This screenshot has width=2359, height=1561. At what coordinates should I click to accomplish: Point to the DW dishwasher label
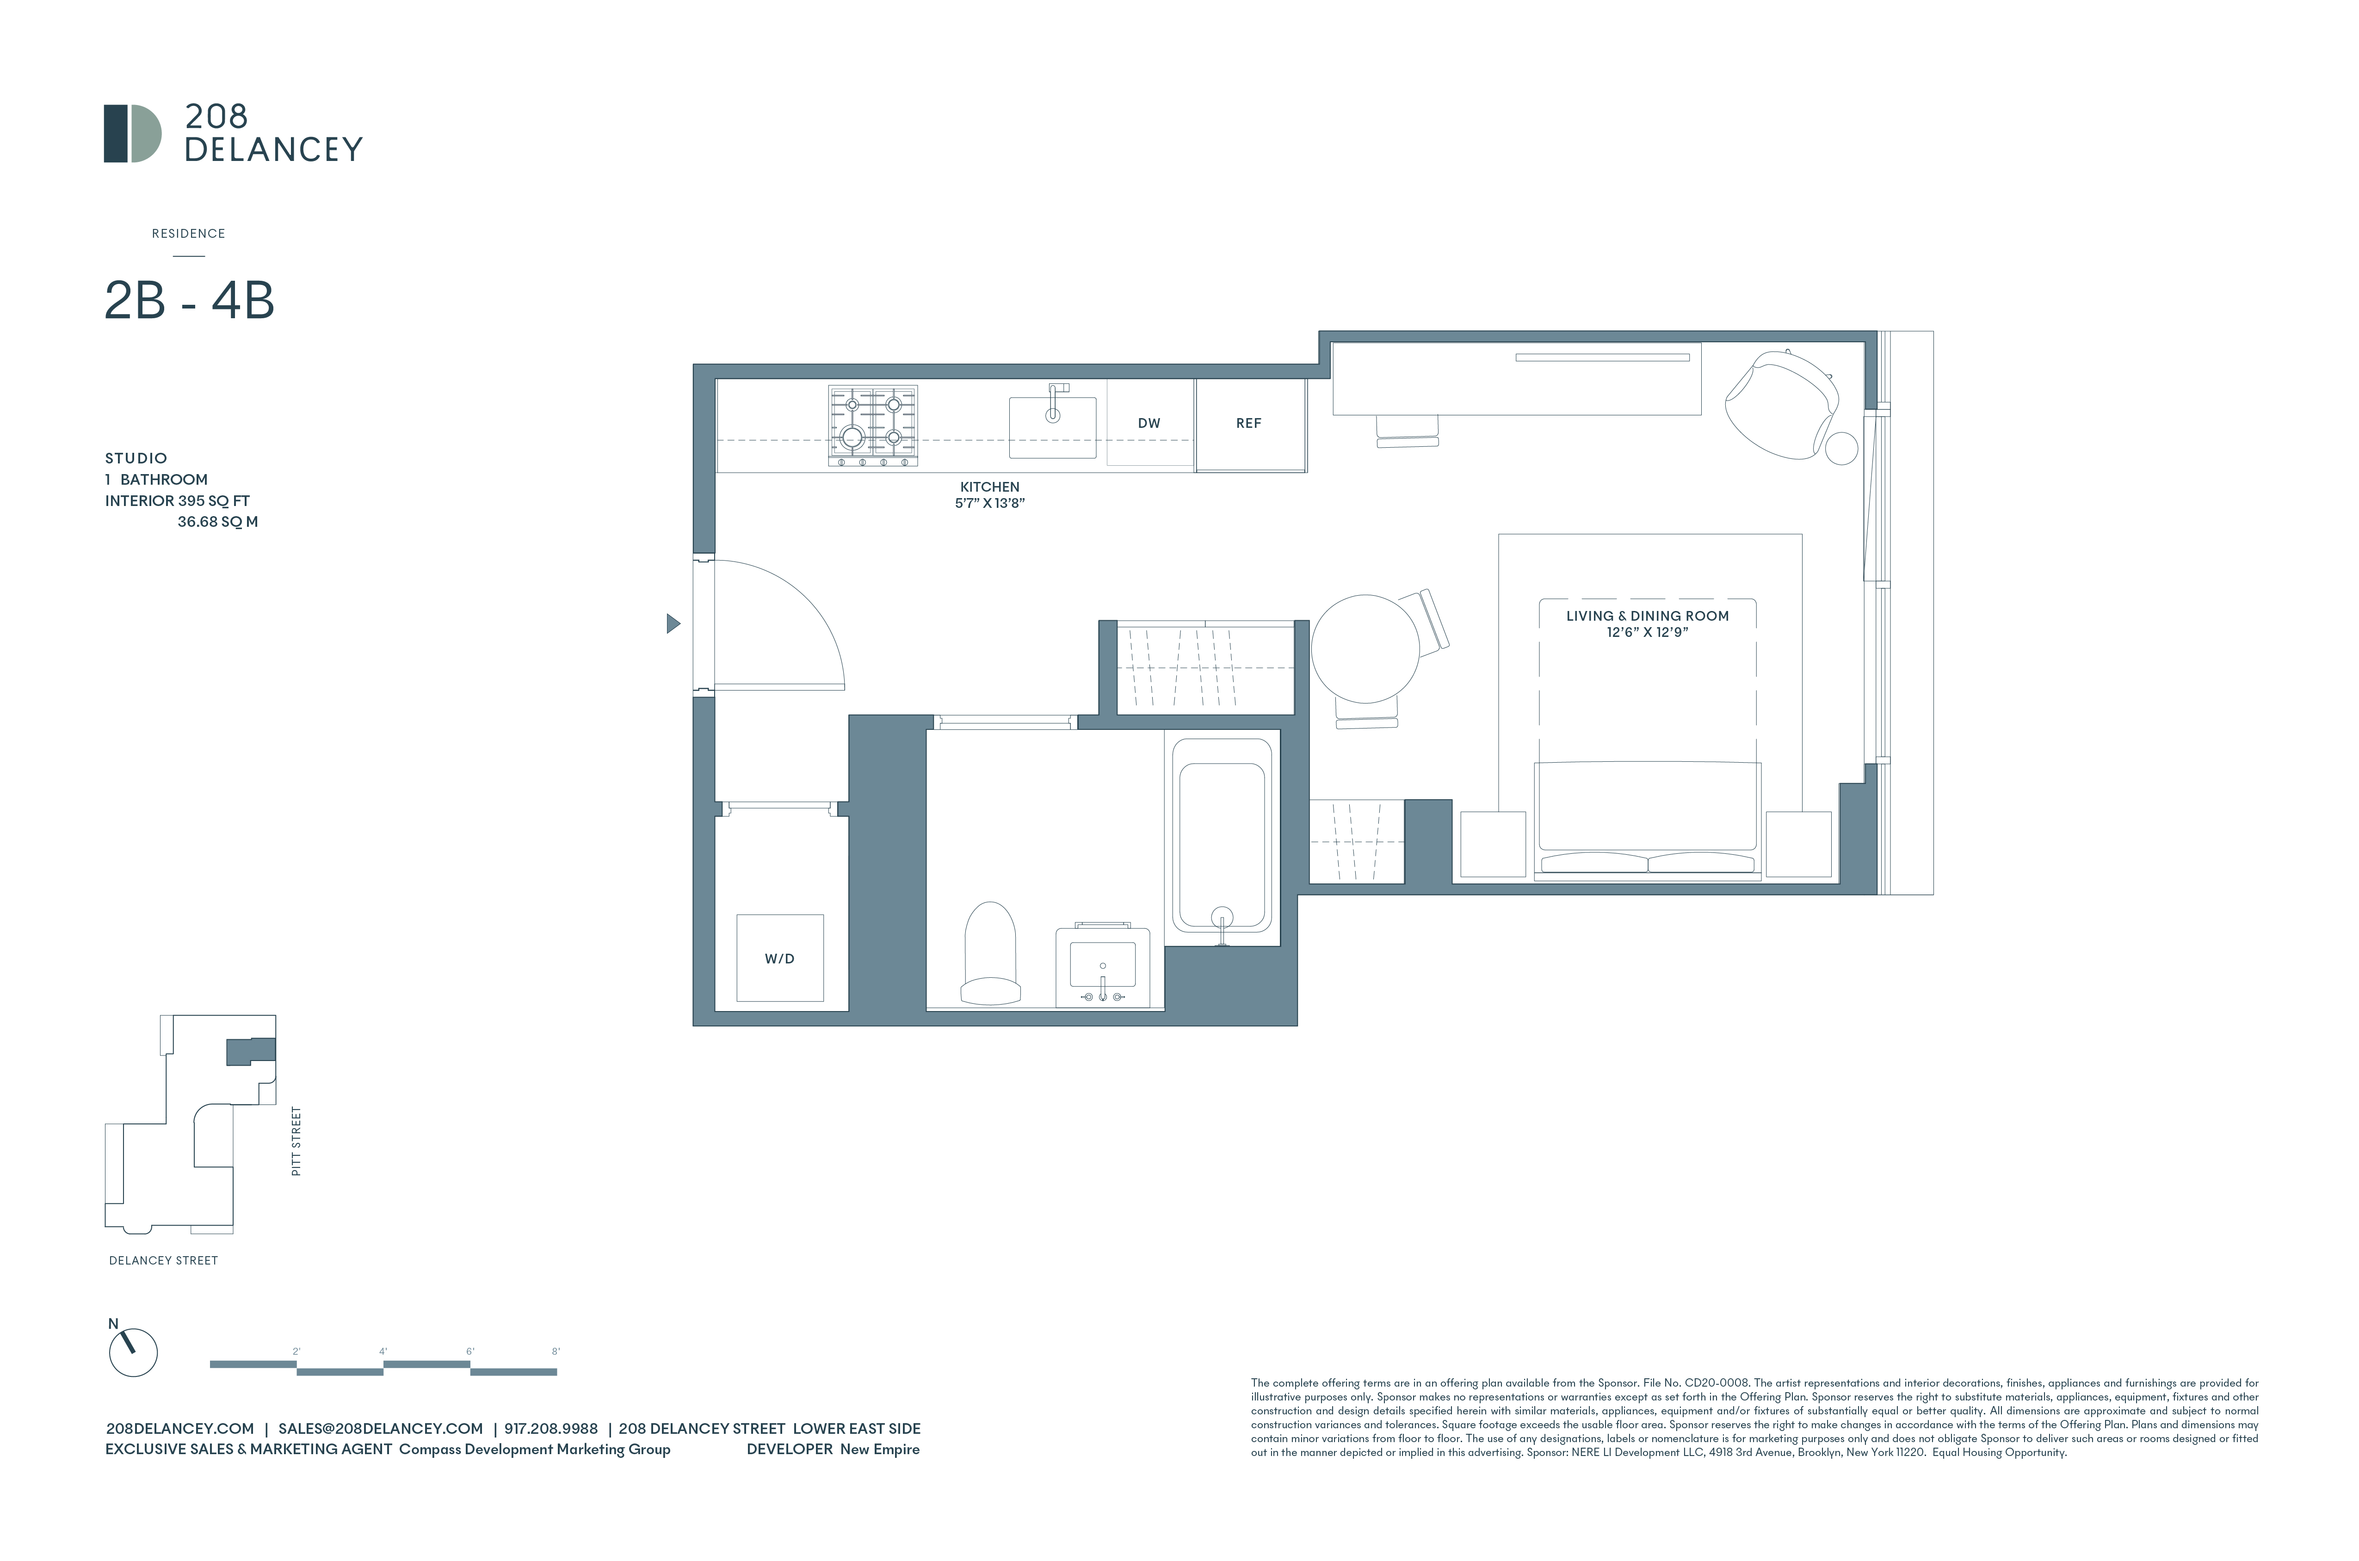coord(1149,423)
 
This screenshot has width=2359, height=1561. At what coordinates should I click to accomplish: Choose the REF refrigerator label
coord(1248,423)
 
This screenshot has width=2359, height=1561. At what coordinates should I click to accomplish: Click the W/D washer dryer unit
coord(779,958)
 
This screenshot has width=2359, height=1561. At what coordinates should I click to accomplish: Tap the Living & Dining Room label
coord(1647,616)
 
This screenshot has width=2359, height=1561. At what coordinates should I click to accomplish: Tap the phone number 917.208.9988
coord(550,1429)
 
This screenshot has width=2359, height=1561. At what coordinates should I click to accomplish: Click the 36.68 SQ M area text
coord(217,522)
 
